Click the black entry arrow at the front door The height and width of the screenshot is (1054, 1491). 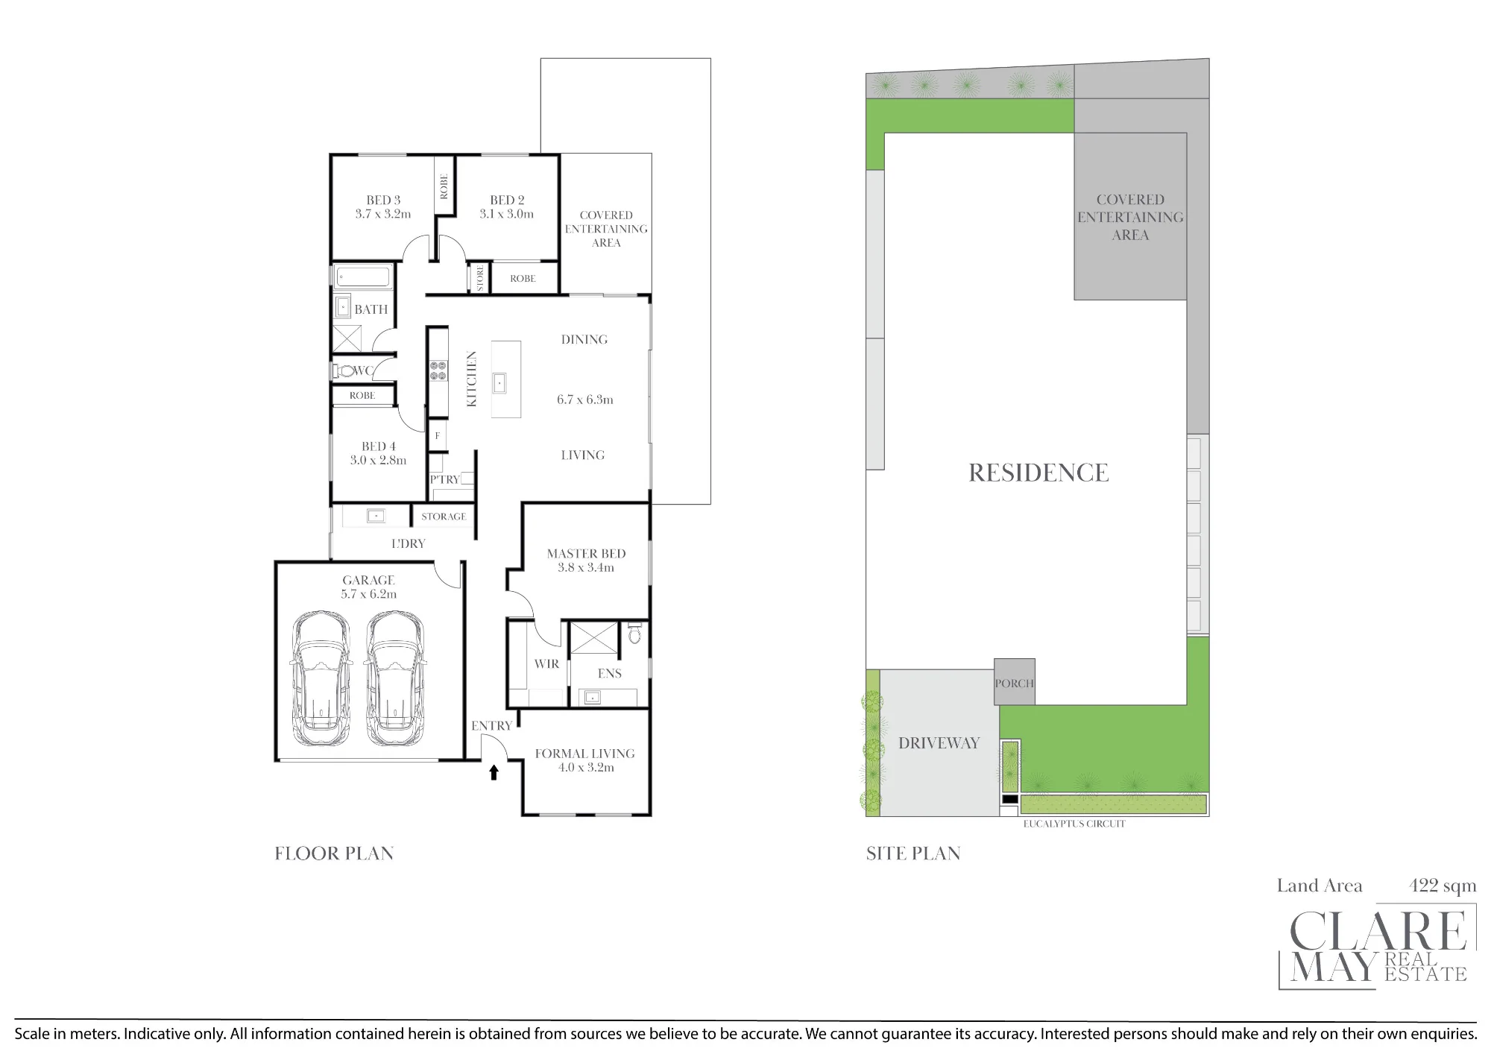coord(494,772)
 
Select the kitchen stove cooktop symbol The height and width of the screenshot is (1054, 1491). coord(438,370)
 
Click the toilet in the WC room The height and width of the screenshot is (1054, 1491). coord(344,370)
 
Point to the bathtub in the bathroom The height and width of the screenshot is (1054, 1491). coord(363,277)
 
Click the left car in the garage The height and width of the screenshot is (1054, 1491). coord(321,678)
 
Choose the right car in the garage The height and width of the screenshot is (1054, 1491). coord(395,678)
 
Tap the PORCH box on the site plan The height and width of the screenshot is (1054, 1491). coord(1015,682)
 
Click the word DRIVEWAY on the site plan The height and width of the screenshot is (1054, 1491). coord(939,743)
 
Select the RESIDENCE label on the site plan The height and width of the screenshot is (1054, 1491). coord(1038,473)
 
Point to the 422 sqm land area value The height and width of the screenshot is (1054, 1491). coord(1443,886)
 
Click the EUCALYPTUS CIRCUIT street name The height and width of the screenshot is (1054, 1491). coord(1074,824)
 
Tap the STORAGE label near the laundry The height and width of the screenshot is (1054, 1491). coord(444,516)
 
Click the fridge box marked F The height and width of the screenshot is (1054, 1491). coord(438,436)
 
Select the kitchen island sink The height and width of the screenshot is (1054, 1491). coord(499,383)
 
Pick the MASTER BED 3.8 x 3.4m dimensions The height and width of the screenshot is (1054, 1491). coord(586,567)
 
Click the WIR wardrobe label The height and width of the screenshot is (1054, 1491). coord(546,663)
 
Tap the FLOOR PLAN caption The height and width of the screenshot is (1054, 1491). coord(334,853)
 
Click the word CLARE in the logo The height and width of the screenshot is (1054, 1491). coord(1378,930)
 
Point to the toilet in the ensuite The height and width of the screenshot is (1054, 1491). coord(635,633)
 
